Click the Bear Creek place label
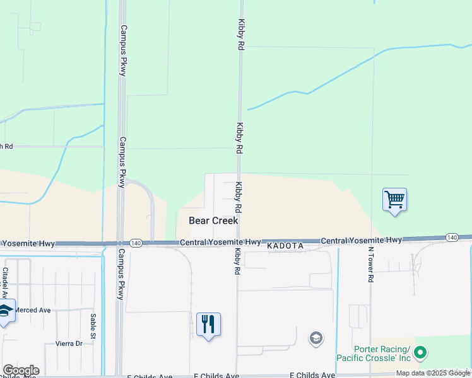pyautogui.click(x=214, y=220)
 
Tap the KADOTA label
pyautogui.click(x=285, y=245)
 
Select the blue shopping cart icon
pyautogui.click(x=394, y=200)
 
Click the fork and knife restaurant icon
pyautogui.click(x=208, y=324)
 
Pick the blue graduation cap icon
pyautogui.click(x=6, y=311)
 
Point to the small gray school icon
pyautogui.click(x=316, y=339)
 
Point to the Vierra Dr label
pyautogui.click(x=69, y=343)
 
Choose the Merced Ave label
pyautogui.click(x=32, y=310)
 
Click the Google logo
pyautogui.click(x=21, y=370)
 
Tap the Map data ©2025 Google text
pyautogui.click(x=433, y=373)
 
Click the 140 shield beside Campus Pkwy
pyautogui.click(x=136, y=243)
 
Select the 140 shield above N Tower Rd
pyautogui.click(x=451, y=238)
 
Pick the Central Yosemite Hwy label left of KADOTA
pyautogui.click(x=220, y=242)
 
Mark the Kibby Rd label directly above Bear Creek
pyautogui.click(x=239, y=197)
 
